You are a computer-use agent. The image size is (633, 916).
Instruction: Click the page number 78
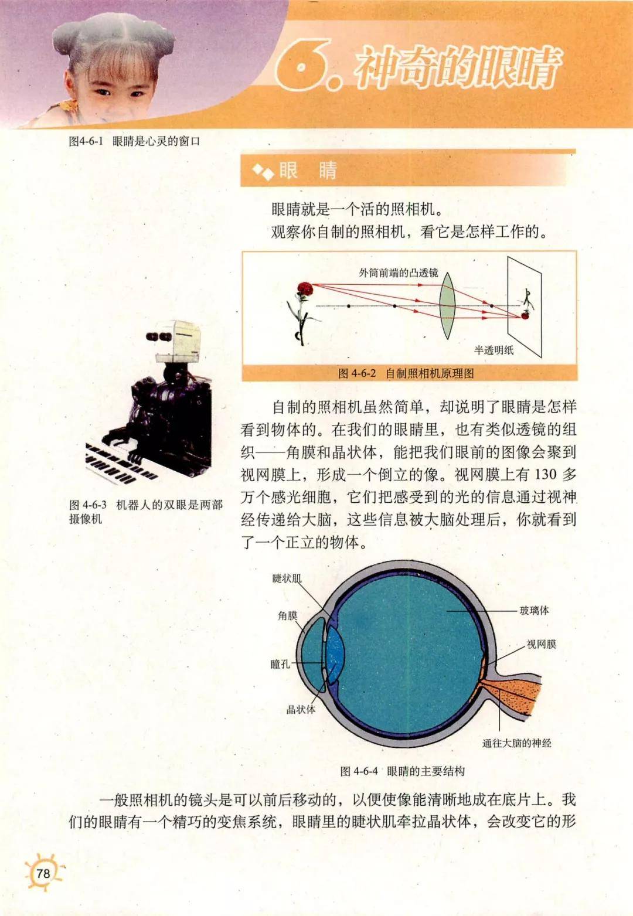(43, 873)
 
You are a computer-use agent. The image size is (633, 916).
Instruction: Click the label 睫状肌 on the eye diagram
(287, 578)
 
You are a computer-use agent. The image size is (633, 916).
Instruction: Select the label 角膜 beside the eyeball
(288, 615)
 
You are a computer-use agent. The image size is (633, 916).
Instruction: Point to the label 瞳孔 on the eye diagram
(280, 664)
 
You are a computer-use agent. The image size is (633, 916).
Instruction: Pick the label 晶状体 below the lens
(301, 709)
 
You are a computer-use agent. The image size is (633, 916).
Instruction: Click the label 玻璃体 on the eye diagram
(534, 611)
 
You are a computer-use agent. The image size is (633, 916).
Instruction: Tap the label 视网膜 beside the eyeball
(541, 644)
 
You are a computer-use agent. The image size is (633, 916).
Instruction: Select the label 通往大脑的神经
(516, 743)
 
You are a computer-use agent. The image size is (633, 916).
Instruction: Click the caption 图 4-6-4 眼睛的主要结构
(403, 771)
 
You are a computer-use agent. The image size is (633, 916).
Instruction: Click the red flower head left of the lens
(304, 288)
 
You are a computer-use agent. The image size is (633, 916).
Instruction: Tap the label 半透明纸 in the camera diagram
(494, 350)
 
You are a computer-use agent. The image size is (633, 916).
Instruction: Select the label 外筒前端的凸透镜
(399, 273)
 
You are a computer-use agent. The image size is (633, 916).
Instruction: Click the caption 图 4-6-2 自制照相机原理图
(406, 373)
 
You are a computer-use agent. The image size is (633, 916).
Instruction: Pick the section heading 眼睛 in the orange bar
(308, 171)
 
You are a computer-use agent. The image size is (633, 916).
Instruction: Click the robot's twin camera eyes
(158, 336)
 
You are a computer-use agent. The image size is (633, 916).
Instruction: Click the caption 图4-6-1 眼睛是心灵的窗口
(135, 141)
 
